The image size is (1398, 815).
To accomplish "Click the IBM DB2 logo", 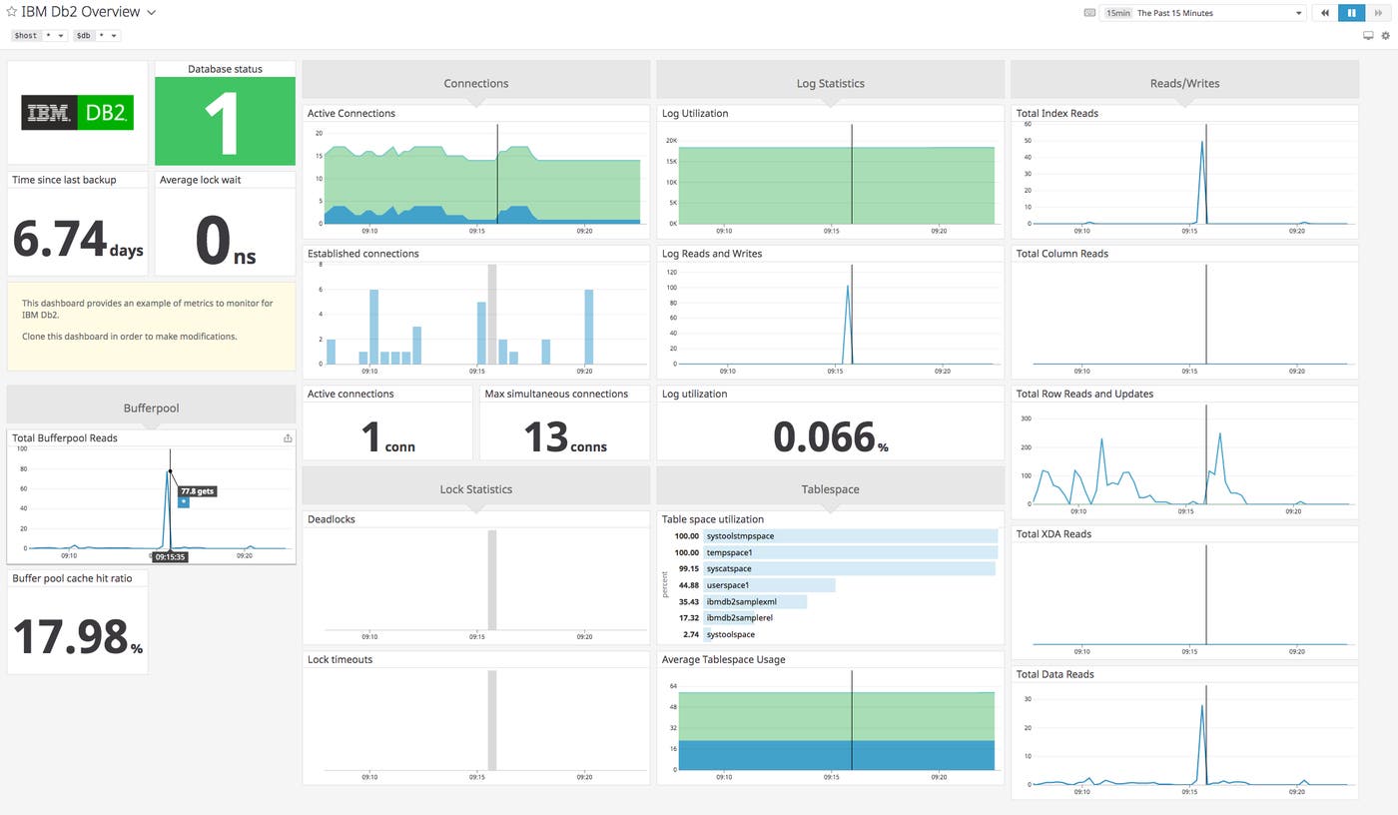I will click(x=77, y=114).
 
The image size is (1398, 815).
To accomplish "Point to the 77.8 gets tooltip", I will click(x=197, y=491).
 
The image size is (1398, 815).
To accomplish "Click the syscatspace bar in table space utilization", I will click(x=849, y=568).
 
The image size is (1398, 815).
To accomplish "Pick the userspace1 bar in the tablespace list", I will click(x=769, y=585).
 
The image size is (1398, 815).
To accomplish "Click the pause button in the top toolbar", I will click(x=1351, y=13).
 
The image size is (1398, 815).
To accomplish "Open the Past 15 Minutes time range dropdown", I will click(x=1202, y=13).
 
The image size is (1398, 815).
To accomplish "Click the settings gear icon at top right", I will click(x=1385, y=36).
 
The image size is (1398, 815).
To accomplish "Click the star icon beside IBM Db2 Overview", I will click(x=12, y=13).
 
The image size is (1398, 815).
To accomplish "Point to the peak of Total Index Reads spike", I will click(x=1201, y=142).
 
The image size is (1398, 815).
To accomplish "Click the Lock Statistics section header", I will click(x=475, y=489).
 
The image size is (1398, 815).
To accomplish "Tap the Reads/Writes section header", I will click(x=1184, y=83).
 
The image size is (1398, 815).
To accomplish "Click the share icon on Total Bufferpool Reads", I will click(x=288, y=437).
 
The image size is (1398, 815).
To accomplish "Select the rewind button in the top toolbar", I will click(x=1324, y=13).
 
